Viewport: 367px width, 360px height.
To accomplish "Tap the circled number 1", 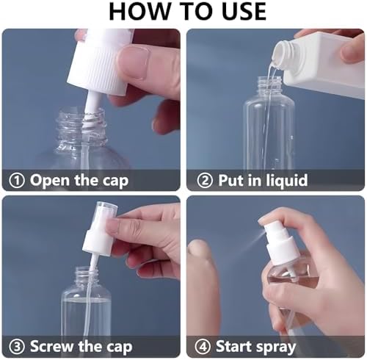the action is [17, 181].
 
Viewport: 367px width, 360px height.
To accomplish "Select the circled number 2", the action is [205, 181].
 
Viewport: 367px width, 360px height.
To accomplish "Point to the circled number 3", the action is [17, 347].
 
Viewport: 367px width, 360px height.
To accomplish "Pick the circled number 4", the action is [203, 347].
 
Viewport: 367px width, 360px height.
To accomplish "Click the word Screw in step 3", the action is [52, 347].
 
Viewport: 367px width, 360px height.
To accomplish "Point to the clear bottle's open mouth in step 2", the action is [270, 79].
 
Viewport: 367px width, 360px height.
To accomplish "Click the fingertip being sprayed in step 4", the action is [200, 248].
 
